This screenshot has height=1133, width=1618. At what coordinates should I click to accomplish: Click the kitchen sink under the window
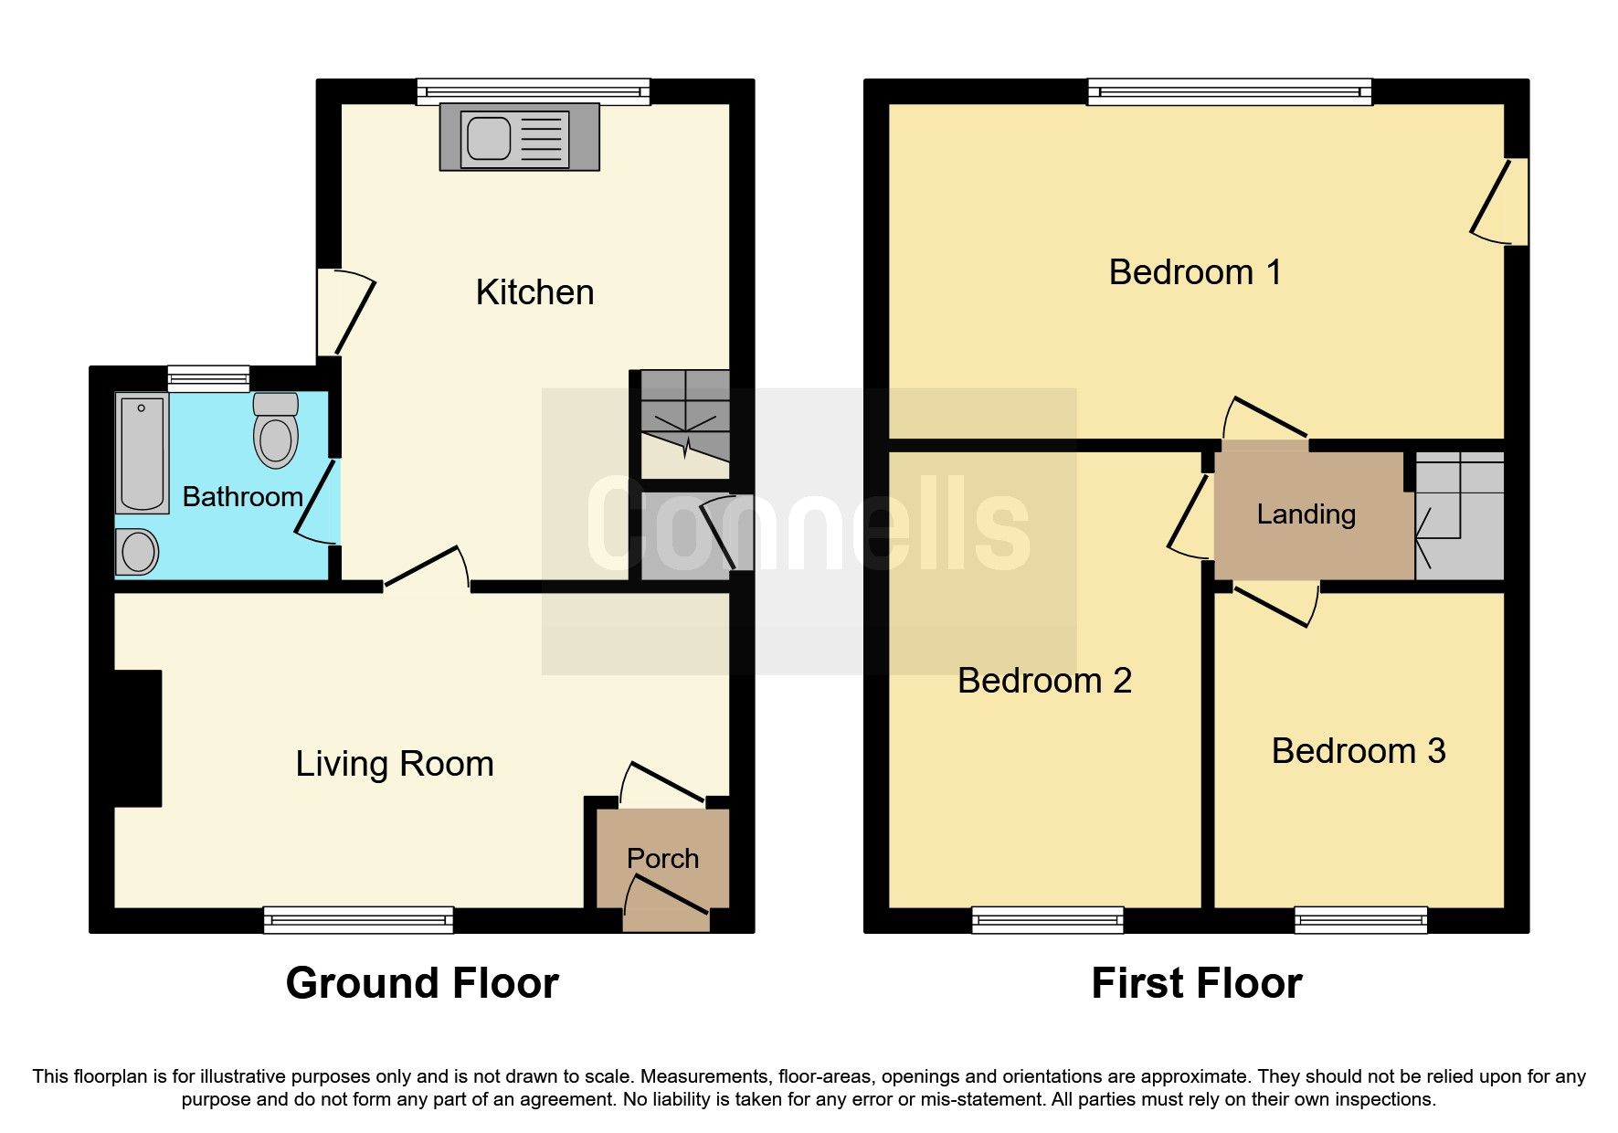(x=518, y=138)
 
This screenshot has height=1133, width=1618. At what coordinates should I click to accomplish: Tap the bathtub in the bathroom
(x=142, y=453)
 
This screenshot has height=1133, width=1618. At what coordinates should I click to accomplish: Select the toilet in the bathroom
(x=276, y=429)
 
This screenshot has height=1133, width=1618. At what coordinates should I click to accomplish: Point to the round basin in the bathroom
(x=138, y=552)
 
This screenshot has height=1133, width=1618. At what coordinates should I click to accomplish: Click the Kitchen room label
(x=534, y=292)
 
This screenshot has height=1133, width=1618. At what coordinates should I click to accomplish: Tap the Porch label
(x=662, y=858)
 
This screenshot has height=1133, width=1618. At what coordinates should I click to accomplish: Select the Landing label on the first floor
(x=1306, y=514)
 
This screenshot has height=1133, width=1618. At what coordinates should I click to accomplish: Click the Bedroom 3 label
(x=1358, y=751)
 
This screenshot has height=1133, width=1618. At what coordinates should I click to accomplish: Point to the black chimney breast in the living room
(x=137, y=738)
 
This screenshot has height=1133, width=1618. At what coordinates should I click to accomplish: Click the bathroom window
(x=208, y=377)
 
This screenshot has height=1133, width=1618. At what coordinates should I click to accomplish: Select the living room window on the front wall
(x=358, y=919)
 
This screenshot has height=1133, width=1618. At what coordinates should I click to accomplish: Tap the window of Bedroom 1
(x=1229, y=91)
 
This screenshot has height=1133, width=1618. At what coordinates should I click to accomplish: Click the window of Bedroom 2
(x=1047, y=919)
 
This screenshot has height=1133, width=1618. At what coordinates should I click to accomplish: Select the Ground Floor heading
(x=421, y=983)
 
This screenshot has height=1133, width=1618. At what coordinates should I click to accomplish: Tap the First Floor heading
(x=1196, y=983)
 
